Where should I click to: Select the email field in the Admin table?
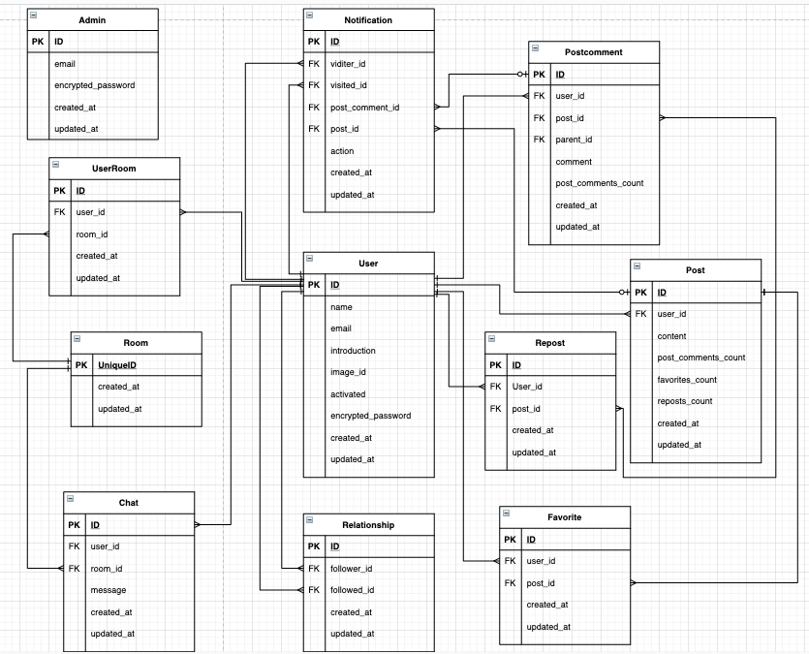click(66, 64)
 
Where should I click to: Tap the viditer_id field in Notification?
click(349, 64)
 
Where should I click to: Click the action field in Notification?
click(342, 151)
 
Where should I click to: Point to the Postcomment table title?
click(593, 51)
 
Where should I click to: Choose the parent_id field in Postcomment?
click(574, 140)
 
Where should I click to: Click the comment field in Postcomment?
click(574, 162)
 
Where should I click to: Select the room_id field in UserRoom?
click(91, 234)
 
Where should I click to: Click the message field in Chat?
click(109, 590)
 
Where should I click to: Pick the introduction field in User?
click(353, 351)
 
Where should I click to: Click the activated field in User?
click(348, 394)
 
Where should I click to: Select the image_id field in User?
click(348, 372)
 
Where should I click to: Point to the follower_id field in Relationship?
click(351, 569)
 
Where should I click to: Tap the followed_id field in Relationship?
click(351, 590)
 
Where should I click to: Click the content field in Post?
click(671, 336)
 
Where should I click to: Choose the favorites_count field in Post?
click(687, 380)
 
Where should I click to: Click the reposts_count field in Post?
click(684, 401)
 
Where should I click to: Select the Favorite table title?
click(564, 516)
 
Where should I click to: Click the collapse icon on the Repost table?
click(492, 341)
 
